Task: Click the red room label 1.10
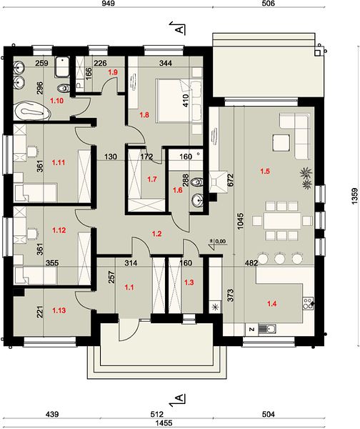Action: (56, 101)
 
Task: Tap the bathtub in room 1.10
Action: (32, 110)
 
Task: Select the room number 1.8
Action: (144, 115)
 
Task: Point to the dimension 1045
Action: (240, 221)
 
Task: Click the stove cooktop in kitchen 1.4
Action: (308, 303)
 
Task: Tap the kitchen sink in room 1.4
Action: (267, 328)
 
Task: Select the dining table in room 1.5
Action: (282, 220)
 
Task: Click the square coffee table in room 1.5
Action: (281, 142)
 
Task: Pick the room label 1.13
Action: (59, 310)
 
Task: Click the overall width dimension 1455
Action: (164, 423)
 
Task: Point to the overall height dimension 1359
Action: (354, 196)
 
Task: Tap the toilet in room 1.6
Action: (196, 182)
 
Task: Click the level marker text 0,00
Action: (220, 242)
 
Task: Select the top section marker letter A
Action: (179, 29)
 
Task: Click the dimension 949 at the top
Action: (108, 4)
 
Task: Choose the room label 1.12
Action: (59, 230)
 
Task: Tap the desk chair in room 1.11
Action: (32, 151)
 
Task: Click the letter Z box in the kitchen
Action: (251, 329)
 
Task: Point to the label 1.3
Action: (189, 282)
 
